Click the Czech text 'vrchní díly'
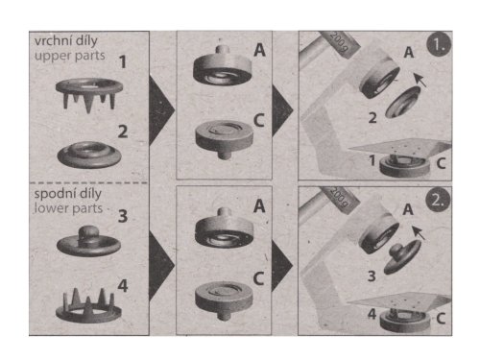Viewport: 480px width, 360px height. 66,41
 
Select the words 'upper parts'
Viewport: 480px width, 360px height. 70,56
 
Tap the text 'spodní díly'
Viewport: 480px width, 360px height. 68,194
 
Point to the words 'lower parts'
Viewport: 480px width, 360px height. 68,208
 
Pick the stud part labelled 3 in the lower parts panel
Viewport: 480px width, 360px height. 88,242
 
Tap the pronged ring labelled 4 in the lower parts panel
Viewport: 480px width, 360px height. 88,306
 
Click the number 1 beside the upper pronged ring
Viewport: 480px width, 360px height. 123,61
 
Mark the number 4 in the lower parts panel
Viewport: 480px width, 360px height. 123,285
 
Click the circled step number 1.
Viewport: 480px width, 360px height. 439,45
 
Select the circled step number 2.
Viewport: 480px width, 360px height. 438,201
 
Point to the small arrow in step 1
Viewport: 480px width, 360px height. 420,80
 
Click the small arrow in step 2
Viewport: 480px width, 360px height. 419,233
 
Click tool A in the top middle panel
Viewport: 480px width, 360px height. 223,66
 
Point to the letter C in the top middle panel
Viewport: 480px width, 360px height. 258,121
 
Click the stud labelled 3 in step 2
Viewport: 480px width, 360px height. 402,258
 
